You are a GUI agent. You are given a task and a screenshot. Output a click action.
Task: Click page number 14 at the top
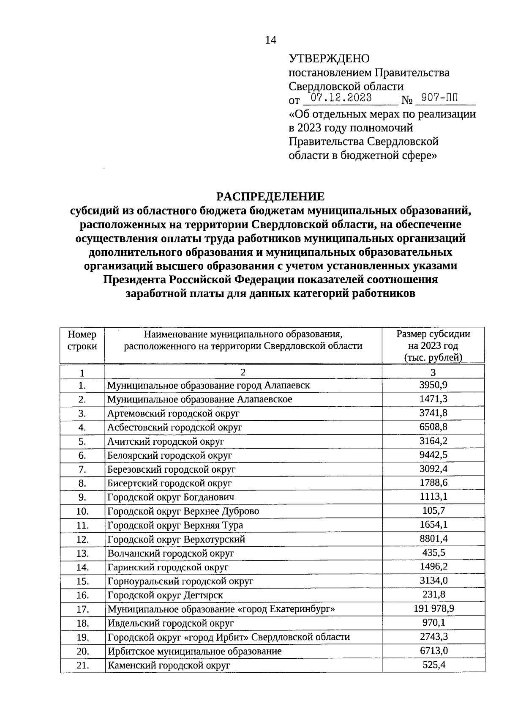click(270, 40)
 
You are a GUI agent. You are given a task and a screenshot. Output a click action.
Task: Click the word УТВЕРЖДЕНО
click(329, 59)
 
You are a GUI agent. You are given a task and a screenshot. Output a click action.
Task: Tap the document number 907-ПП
click(439, 98)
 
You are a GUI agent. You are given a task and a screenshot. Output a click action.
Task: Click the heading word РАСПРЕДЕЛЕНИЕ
click(270, 197)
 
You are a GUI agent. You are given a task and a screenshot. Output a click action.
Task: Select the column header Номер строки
click(82, 340)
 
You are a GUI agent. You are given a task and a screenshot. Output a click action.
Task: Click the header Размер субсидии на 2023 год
click(433, 345)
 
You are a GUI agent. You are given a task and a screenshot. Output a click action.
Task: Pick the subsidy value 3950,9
click(433, 385)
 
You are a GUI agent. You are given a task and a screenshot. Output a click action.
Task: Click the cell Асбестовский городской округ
click(174, 427)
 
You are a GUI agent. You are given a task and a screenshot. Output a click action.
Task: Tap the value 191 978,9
click(433, 609)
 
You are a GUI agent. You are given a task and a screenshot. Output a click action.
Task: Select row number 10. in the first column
click(82, 511)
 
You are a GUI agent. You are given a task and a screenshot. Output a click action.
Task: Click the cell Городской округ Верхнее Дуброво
click(183, 511)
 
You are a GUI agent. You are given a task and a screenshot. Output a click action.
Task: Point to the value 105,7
click(433, 511)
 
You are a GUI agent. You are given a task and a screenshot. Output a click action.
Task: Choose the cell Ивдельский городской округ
click(170, 623)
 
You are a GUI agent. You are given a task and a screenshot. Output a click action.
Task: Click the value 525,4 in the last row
click(433, 665)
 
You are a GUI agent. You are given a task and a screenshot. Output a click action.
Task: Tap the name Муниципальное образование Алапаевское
click(199, 399)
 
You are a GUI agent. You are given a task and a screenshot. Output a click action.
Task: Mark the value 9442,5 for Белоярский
click(433, 455)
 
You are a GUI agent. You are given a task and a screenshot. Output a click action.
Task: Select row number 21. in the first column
click(82, 665)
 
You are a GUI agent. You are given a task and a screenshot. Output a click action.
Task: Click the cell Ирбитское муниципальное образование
click(194, 651)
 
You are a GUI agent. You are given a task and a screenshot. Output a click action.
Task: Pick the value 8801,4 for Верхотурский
click(433, 539)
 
